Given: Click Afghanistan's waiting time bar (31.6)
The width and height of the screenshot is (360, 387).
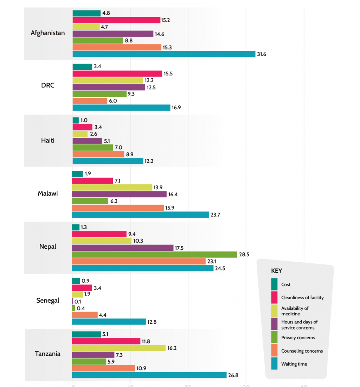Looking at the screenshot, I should [x=164, y=54].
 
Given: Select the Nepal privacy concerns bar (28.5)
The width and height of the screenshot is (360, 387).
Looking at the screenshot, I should [x=155, y=255].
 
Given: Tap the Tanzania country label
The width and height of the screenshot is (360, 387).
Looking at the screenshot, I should [x=48, y=354].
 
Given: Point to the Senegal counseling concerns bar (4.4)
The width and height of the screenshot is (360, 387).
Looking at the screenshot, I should [x=85, y=315].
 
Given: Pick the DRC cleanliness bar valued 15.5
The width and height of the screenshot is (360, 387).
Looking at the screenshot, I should [x=117, y=74].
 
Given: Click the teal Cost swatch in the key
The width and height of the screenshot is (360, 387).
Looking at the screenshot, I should [x=274, y=284].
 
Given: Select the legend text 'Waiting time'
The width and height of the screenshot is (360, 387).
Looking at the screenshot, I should [x=294, y=364].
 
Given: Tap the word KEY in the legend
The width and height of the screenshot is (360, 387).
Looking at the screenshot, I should [x=277, y=271].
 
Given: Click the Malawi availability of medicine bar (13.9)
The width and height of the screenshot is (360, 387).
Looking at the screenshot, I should [x=112, y=188].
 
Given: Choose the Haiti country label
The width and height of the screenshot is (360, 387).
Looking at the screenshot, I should [x=48, y=140].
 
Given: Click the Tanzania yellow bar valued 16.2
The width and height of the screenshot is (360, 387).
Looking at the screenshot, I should [x=119, y=348].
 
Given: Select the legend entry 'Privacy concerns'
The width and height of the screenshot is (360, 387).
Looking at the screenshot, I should [x=298, y=338].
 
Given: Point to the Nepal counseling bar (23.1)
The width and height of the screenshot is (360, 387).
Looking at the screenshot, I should [x=139, y=261].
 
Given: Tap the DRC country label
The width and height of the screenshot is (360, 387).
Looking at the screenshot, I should [x=48, y=85].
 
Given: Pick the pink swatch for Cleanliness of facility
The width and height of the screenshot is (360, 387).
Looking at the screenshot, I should [x=274, y=297].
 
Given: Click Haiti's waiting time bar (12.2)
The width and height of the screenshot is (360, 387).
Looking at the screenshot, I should [x=108, y=161].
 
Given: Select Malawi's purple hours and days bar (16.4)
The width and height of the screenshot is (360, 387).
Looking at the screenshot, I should [x=119, y=194].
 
